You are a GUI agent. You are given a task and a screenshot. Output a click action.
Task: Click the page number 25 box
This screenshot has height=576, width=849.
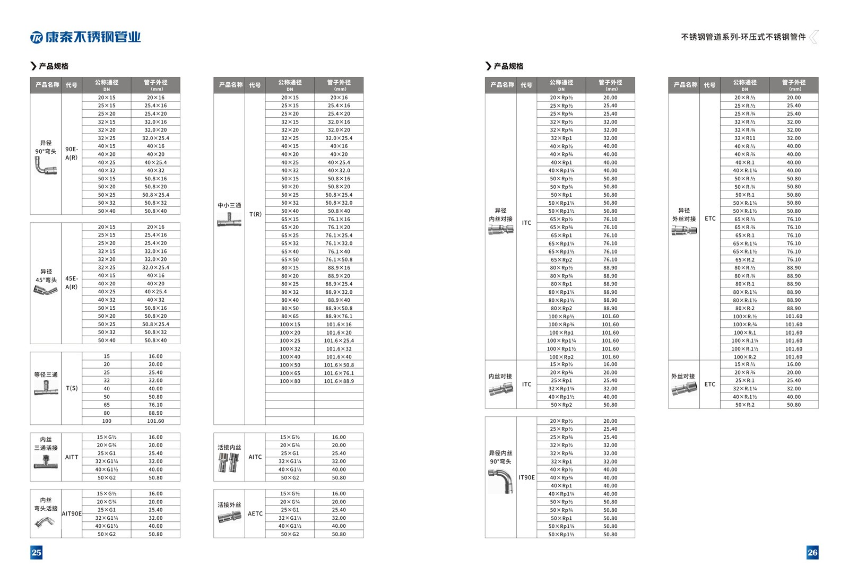pyautogui.click(x=36, y=552)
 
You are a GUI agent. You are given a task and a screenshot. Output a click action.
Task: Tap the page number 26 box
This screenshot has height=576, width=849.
pyautogui.click(x=812, y=552)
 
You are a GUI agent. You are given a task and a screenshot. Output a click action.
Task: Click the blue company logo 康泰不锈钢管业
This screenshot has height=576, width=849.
pyautogui.click(x=86, y=37)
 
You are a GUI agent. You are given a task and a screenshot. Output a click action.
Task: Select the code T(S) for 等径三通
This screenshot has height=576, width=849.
pyautogui.click(x=72, y=388)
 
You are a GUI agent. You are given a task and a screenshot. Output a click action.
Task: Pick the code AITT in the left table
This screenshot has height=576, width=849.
pyautogui.click(x=72, y=457)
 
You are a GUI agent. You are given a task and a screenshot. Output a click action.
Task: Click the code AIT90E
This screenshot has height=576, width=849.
pyautogui.click(x=72, y=513)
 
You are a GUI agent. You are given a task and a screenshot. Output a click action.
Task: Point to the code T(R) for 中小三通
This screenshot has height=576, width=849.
pyautogui.click(x=255, y=214)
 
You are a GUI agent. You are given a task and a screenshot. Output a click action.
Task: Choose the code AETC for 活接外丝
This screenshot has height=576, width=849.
pyautogui.click(x=255, y=513)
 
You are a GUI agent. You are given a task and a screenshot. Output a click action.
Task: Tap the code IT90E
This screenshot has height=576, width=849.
pyautogui.click(x=526, y=477)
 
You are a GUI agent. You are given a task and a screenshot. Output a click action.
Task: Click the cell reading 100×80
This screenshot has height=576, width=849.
pyautogui.click(x=290, y=381)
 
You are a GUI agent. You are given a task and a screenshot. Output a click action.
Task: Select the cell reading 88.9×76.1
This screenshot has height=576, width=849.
pyautogui.click(x=339, y=316)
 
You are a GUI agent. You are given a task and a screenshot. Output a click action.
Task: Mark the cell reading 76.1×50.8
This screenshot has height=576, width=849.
pyautogui.click(x=339, y=259)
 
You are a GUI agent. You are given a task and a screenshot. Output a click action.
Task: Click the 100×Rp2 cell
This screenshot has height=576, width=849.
pyautogui.click(x=561, y=357)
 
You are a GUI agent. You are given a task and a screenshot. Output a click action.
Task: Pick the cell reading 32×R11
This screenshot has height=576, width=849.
pyautogui.click(x=744, y=138)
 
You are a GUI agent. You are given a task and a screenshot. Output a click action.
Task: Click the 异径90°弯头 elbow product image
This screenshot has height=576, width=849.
pyautogui.click(x=45, y=166)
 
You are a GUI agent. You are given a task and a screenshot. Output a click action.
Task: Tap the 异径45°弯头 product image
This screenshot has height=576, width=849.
pyautogui.click(x=46, y=290)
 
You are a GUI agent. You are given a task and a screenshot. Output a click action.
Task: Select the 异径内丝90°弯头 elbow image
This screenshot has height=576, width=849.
pyautogui.click(x=500, y=481)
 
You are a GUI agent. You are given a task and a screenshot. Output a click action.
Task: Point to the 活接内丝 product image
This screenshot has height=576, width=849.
pyautogui.click(x=229, y=462)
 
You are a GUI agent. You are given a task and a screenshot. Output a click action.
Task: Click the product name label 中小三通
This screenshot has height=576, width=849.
pyautogui.click(x=229, y=205)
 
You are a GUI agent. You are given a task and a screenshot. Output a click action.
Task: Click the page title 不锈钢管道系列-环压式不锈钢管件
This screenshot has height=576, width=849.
pyautogui.click(x=743, y=37)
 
